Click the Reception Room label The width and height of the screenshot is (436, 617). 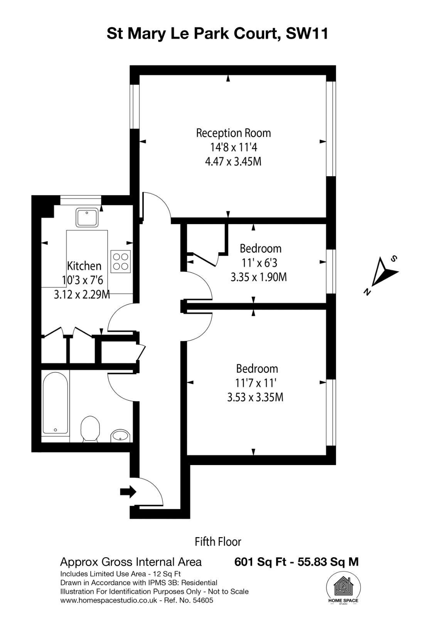(x=233, y=133)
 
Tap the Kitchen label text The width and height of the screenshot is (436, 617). (x=84, y=266)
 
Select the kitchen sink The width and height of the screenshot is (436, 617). (x=87, y=217)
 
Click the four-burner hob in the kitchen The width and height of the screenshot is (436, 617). (x=121, y=261)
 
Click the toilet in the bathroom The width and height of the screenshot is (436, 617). (x=90, y=428)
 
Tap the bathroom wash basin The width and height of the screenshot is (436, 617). (x=120, y=436)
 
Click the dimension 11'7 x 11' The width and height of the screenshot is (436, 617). (x=256, y=383)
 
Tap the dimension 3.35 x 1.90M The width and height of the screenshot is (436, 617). (x=259, y=277)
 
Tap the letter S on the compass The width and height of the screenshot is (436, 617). (x=394, y=259)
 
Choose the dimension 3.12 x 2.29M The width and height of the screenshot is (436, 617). (x=82, y=295)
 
